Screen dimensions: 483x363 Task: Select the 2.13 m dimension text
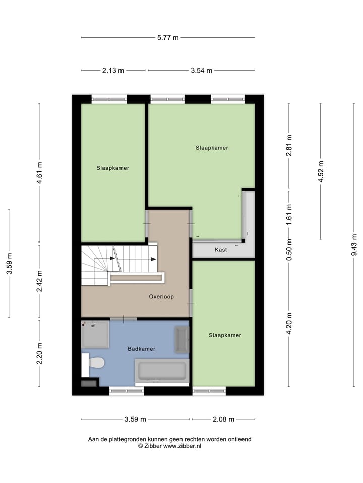click(113, 71)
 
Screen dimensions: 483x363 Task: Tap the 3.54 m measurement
click(202, 71)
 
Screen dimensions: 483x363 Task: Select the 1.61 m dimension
click(289, 213)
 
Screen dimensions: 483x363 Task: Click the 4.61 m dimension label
click(40, 174)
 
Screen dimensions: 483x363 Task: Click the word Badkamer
click(141, 349)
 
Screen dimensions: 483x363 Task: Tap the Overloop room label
click(161, 297)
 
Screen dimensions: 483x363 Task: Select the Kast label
click(220, 250)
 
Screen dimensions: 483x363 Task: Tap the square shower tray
click(95, 334)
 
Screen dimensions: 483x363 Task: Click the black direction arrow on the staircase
click(153, 259)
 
